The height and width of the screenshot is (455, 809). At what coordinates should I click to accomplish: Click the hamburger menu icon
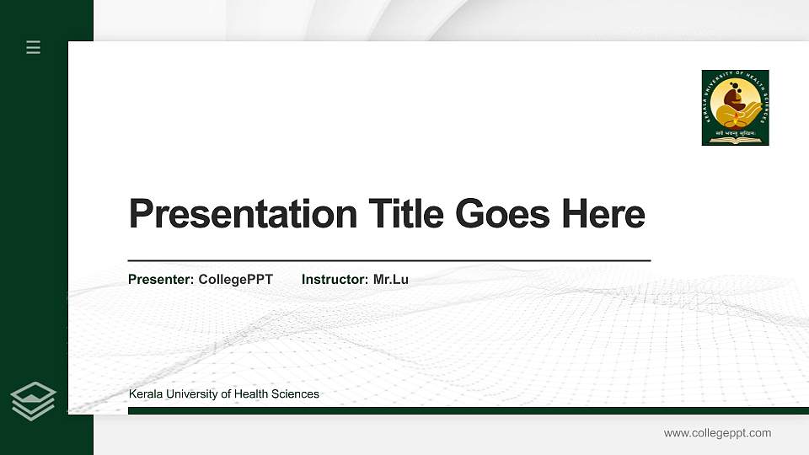point(33,47)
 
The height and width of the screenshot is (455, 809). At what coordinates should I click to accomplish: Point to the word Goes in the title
point(502,214)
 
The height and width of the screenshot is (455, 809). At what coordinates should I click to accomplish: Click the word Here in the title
point(603,214)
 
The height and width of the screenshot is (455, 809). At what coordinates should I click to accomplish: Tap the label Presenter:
point(161,279)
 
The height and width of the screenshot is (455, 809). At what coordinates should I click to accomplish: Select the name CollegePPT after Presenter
point(236,279)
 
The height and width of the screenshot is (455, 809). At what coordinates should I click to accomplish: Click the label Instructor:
point(335,279)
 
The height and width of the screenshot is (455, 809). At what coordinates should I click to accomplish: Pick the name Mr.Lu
point(391,279)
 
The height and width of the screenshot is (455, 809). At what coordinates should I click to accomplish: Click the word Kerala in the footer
point(145,394)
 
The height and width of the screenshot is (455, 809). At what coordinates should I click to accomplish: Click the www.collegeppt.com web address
point(717,433)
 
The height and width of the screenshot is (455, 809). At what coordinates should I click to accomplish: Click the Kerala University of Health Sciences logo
point(735,107)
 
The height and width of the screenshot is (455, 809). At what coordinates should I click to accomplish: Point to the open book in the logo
point(735,140)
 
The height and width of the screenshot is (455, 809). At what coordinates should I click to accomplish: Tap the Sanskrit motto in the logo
point(735,131)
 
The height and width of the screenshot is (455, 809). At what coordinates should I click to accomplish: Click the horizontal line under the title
point(388,261)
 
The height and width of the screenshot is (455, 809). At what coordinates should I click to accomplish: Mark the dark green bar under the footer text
point(468,410)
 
